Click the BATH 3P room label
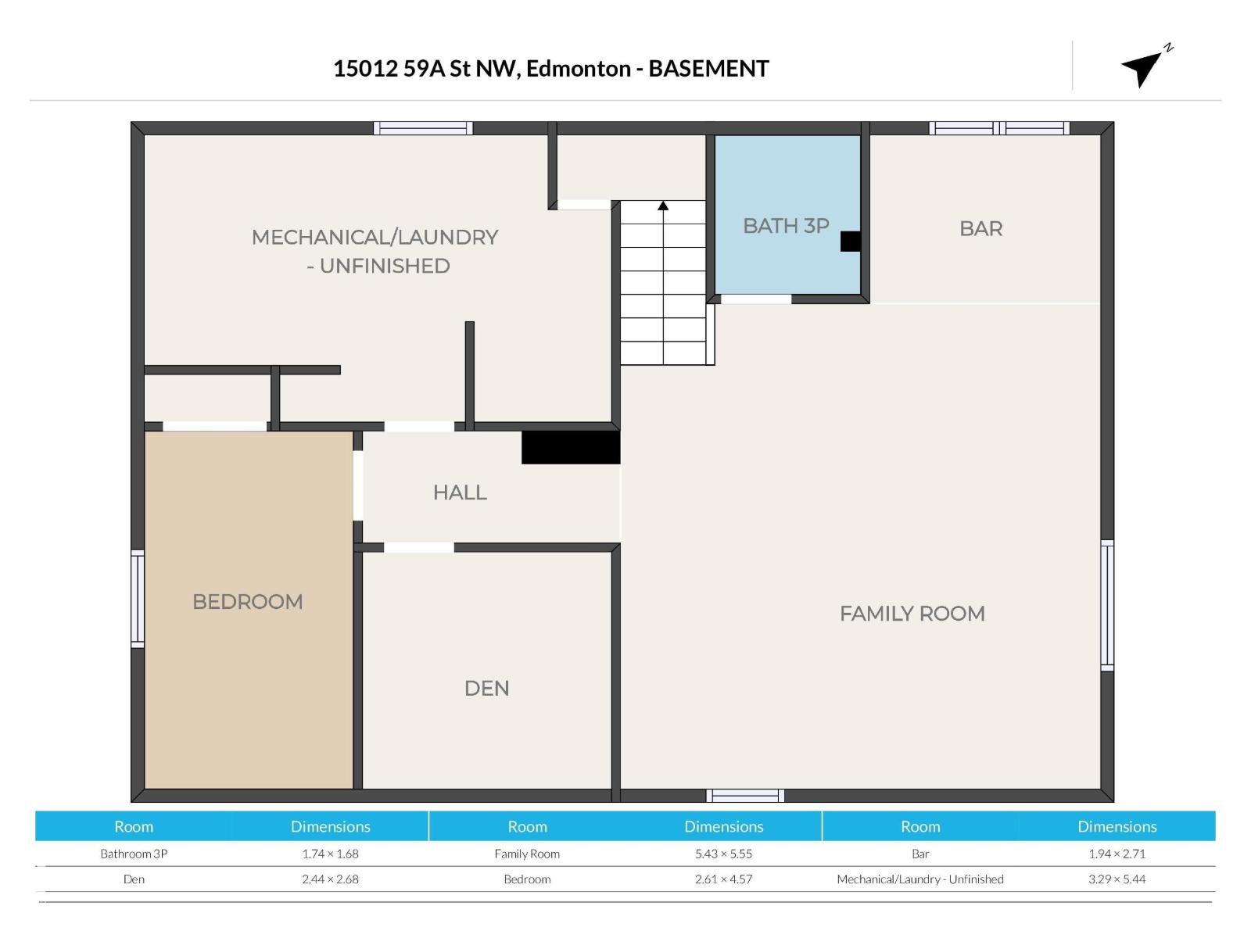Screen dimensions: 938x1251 785,226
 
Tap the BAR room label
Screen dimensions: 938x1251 980,229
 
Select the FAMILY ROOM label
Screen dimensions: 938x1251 912,614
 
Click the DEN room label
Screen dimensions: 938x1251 486,688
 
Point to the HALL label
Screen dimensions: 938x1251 460,492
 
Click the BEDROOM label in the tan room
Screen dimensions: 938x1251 247,602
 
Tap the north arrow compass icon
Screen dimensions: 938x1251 1145,66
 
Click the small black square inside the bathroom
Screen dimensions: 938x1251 850,242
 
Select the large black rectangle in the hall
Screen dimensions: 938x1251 571,448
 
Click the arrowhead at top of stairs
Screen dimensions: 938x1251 663,206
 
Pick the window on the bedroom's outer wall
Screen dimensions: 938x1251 138,599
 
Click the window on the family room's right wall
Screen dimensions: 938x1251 1107,604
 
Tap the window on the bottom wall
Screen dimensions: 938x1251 745,796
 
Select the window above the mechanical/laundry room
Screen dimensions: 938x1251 423,128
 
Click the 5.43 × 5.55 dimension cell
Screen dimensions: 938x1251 723,854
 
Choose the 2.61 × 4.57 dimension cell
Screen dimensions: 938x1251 723,879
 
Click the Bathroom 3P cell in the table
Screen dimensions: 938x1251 134,854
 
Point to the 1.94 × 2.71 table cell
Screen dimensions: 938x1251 1117,854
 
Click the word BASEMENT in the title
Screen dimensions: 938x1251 708,69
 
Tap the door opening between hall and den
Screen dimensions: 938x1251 418,547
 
